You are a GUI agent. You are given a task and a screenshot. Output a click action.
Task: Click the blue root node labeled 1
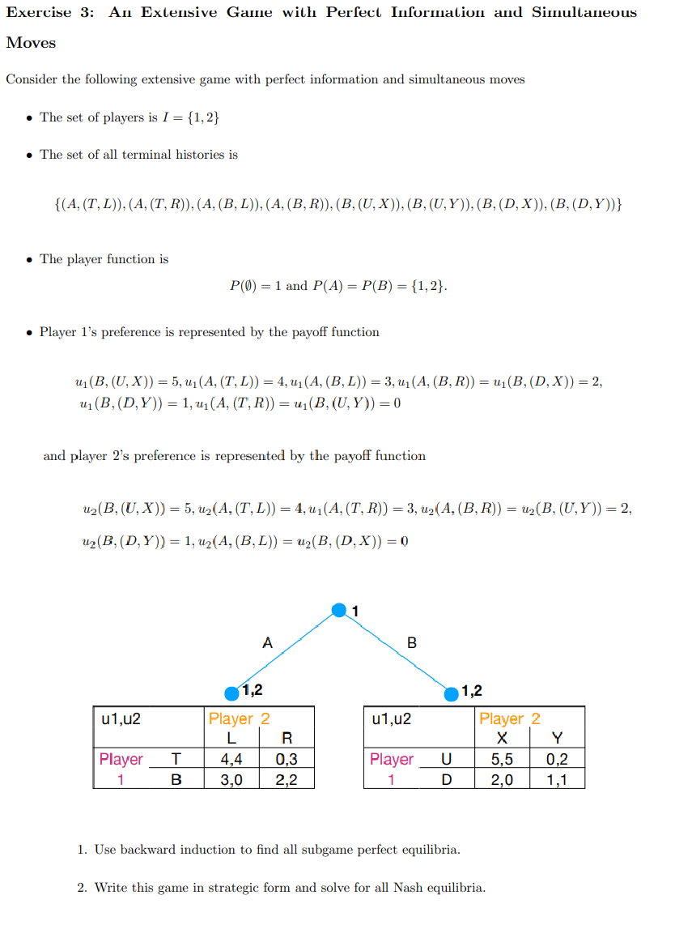click(x=340, y=609)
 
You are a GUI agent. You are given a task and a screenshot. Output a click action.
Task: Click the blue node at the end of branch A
click(x=232, y=693)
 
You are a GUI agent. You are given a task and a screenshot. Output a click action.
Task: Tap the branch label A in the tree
click(x=268, y=643)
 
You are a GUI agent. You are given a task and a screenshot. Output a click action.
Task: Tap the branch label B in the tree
click(x=411, y=643)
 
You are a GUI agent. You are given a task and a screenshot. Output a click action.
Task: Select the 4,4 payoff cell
click(x=231, y=760)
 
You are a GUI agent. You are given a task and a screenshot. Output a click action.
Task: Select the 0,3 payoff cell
click(x=287, y=760)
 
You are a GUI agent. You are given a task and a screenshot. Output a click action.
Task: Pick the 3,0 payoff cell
click(x=231, y=779)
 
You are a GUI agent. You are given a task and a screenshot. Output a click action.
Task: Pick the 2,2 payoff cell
click(x=287, y=779)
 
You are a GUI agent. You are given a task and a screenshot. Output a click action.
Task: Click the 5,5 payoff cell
click(x=502, y=760)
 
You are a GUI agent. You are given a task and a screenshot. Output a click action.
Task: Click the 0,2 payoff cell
click(x=557, y=760)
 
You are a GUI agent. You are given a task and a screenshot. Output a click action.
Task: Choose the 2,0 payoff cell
click(x=502, y=779)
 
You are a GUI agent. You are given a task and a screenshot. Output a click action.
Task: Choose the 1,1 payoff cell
click(x=557, y=779)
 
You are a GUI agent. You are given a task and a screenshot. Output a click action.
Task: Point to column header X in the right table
click(x=502, y=738)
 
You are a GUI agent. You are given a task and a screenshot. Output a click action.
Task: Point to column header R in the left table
click(x=287, y=738)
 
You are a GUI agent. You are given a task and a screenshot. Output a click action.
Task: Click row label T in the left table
click(x=176, y=760)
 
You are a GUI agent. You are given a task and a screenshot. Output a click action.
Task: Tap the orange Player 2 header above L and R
click(x=240, y=718)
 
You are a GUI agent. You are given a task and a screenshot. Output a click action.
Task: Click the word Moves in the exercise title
click(x=32, y=43)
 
